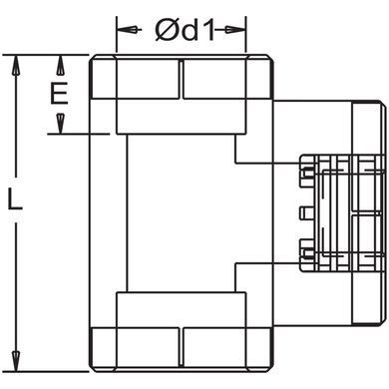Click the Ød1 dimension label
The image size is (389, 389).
tap(185, 30)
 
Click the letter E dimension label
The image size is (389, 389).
tap(59, 94)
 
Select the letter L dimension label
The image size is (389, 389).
tap(15, 199)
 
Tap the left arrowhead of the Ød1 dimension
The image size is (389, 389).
tap(127, 30)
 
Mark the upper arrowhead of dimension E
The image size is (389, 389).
tap(60, 65)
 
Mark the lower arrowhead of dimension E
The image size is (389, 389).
tap(60, 124)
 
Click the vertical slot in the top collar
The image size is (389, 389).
tap(182, 79)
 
